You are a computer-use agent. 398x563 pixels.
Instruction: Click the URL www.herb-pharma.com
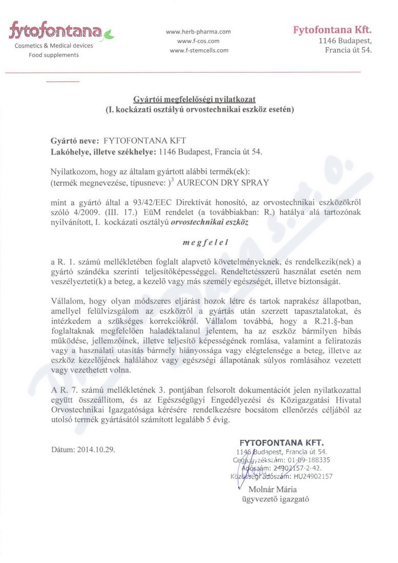(x=198, y=32)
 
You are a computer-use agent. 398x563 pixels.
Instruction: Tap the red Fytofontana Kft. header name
(x=332, y=30)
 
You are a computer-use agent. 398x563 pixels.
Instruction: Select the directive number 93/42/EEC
(x=153, y=202)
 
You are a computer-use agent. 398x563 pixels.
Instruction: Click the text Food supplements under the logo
(x=53, y=55)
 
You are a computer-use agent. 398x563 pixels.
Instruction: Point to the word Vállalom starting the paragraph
(x=68, y=301)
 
